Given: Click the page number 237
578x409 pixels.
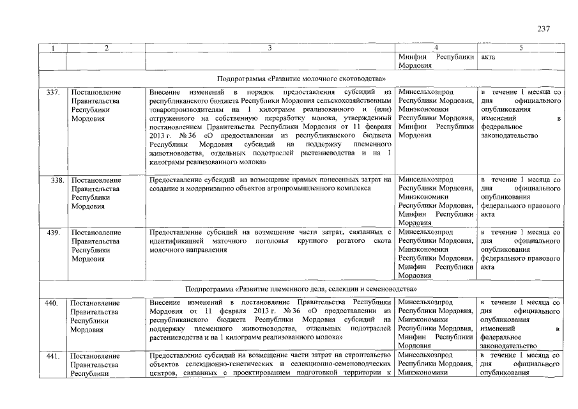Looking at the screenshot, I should point(543,29).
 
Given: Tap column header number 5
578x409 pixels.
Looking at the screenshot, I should point(520,48).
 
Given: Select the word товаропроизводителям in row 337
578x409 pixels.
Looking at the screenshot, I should point(185,110).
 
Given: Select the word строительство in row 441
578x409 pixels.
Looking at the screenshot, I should point(369,355).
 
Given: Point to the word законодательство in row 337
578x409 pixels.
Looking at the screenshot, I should point(509,136).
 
